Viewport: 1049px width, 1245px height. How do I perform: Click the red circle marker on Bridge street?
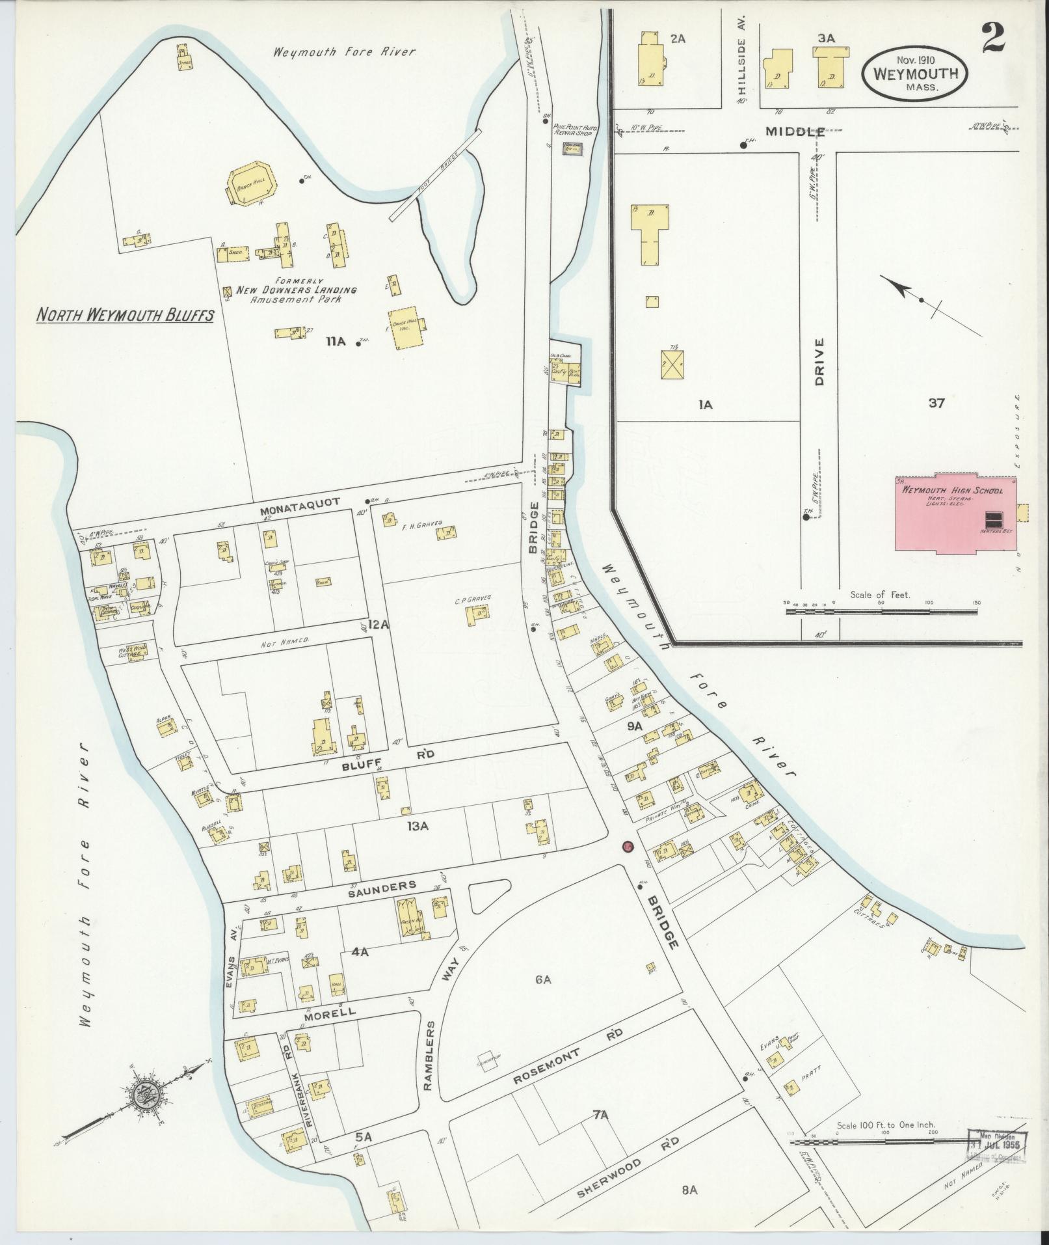pos(628,846)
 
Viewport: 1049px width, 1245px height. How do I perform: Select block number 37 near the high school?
pos(936,403)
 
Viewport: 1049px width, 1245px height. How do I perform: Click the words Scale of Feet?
pos(880,594)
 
